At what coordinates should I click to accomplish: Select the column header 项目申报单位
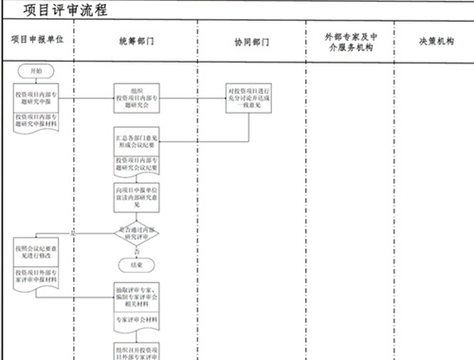[37, 44]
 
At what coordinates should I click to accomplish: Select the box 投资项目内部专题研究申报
[37, 98]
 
